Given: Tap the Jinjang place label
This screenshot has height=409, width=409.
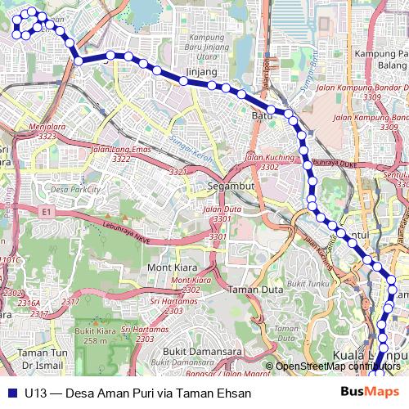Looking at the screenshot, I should [x=202, y=72].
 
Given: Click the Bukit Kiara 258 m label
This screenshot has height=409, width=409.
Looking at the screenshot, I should [x=91, y=335].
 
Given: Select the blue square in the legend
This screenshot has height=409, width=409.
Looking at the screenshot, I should [x=12, y=392].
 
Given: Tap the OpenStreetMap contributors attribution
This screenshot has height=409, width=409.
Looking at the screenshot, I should [x=337, y=366].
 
